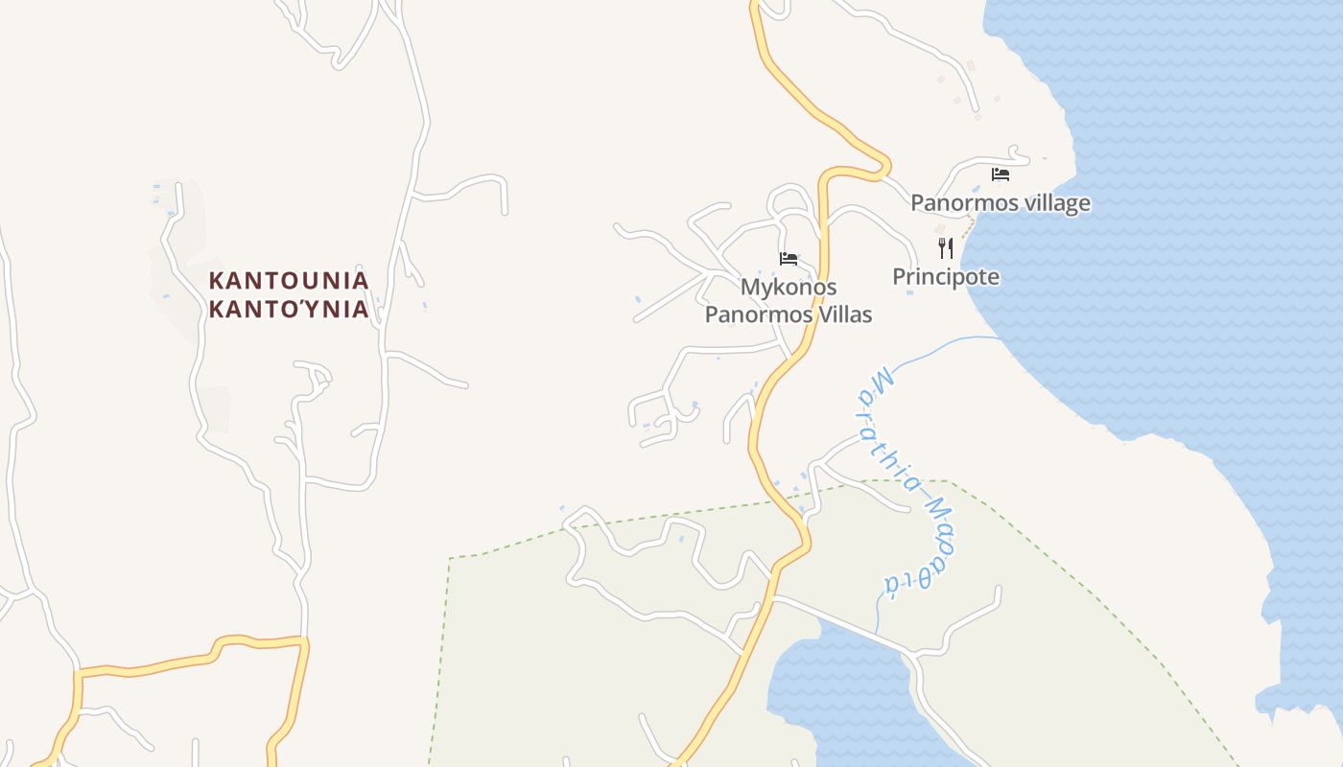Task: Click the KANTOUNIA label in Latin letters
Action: coord(289,280)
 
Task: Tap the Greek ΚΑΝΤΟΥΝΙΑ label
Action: coord(289,309)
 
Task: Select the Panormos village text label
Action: coord(1000,203)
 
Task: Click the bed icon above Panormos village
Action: coord(1001,174)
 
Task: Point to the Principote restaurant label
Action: coord(946,277)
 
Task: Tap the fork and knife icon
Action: coord(946,248)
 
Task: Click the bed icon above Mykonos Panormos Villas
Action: coord(789,259)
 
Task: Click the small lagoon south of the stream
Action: coord(835,690)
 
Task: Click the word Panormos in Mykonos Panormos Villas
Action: coord(754,314)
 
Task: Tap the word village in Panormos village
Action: coord(1056,203)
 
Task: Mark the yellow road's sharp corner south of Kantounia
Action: coord(304,639)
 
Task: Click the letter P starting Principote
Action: coord(899,277)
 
